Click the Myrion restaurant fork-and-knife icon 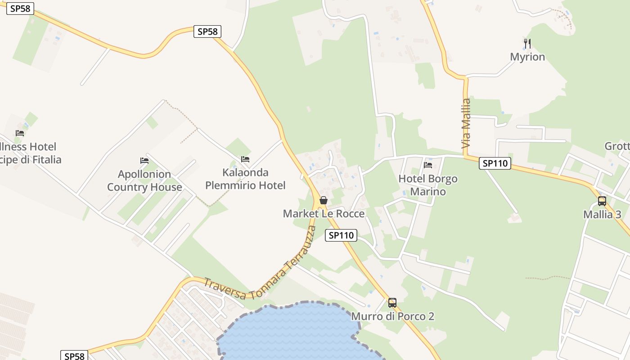(x=527, y=44)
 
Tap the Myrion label (x=527, y=57)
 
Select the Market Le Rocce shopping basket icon (x=323, y=200)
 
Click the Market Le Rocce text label (x=324, y=213)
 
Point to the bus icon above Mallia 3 (x=602, y=201)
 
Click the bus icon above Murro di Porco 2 (x=392, y=303)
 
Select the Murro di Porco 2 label (x=392, y=316)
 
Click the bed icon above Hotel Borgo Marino (x=428, y=165)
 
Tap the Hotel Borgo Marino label (x=428, y=185)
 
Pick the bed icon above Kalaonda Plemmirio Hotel (x=245, y=159)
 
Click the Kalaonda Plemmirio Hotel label (x=245, y=179)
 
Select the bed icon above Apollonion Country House (x=144, y=161)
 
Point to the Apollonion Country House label (x=144, y=180)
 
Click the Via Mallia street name (x=466, y=123)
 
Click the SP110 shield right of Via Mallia (x=495, y=163)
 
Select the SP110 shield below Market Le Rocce (x=341, y=235)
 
